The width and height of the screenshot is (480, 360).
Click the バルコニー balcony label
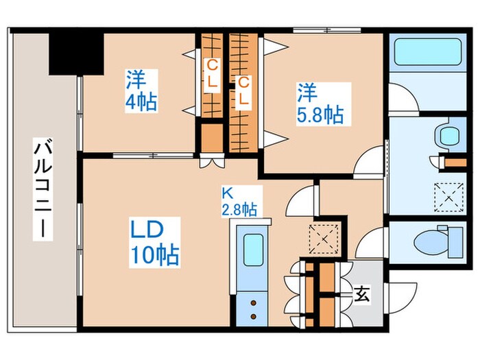pos(42,189)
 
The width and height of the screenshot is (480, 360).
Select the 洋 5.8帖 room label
pos(320,102)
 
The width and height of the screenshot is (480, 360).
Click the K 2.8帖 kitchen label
pos(239,201)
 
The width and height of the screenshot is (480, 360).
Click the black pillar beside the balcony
pos(75,51)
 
